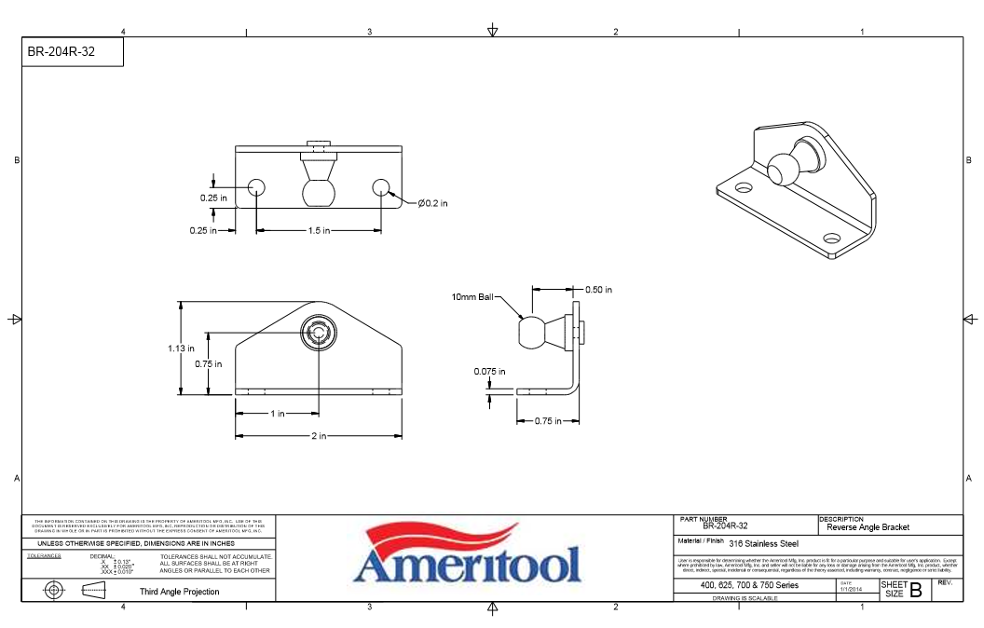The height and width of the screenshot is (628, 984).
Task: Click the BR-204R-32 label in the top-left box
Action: pyautogui.click(x=61, y=52)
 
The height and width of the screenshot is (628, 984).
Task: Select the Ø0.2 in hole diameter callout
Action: pyautogui.click(x=431, y=203)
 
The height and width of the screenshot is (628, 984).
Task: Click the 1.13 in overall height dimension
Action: pyautogui.click(x=181, y=348)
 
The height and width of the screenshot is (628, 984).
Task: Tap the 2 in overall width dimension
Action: pyautogui.click(x=319, y=436)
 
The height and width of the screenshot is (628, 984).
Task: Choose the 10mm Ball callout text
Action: pyautogui.click(x=472, y=297)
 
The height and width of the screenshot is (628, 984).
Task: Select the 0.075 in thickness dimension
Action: pyautogui.click(x=488, y=371)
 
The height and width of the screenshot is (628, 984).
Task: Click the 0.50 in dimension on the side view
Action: pyautogui.click(x=598, y=290)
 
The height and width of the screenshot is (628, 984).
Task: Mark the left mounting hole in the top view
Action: pyautogui.click(x=256, y=187)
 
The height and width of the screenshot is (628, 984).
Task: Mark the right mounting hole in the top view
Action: pyautogui.click(x=380, y=187)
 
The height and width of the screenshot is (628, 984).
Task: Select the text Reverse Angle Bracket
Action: pyautogui.click(x=868, y=527)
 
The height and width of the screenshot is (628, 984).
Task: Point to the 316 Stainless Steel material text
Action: pyautogui.click(x=763, y=543)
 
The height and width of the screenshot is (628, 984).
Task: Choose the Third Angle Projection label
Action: pyautogui.click(x=180, y=592)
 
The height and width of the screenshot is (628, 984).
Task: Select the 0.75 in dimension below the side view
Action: pyautogui.click(x=548, y=421)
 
